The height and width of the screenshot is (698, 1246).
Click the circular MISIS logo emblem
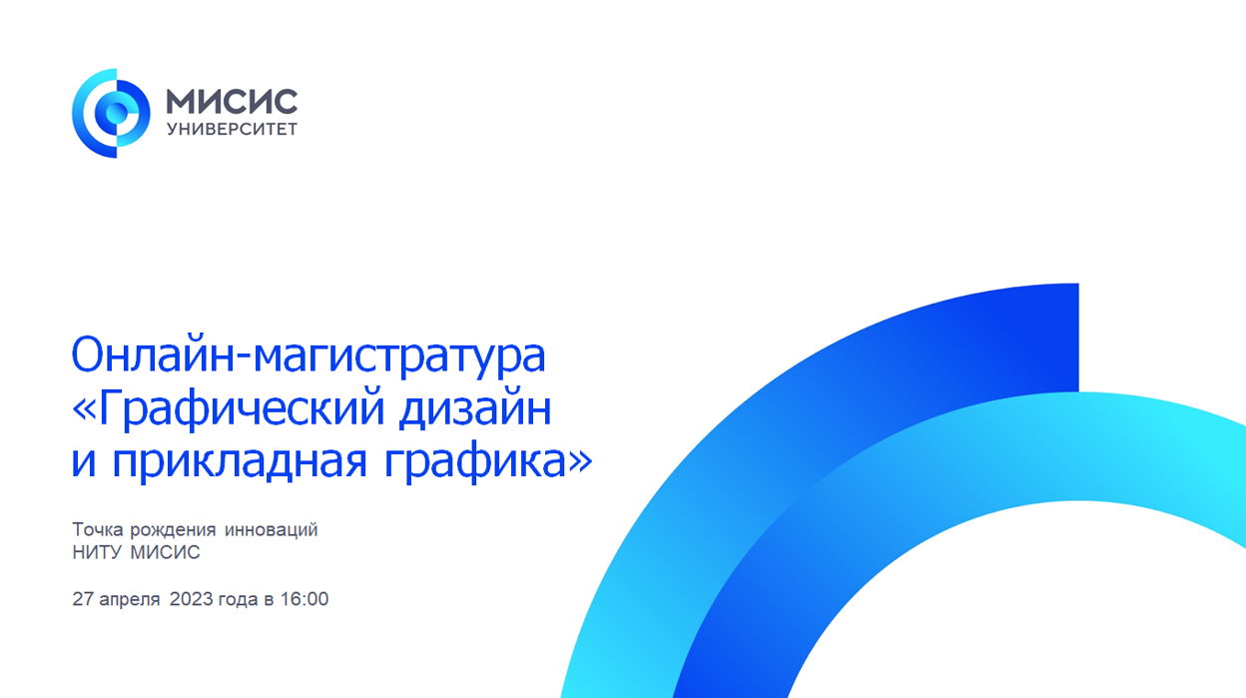tap(111, 113)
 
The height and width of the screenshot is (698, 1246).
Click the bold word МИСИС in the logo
tap(232, 102)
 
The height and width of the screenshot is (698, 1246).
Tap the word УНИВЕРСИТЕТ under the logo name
tap(232, 130)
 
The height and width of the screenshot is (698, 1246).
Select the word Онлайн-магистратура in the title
tap(309, 355)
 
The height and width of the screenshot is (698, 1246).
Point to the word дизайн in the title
tap(475, 408)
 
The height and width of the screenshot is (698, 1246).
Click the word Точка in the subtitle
tap(98, 529)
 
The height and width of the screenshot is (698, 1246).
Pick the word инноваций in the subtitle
tap(271, 530)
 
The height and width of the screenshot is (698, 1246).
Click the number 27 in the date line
tap(82, 599)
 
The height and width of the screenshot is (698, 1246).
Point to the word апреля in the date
tap(130, 600)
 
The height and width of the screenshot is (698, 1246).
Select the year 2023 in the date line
tap(192, 599)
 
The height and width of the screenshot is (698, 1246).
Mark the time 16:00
tap(305, 599)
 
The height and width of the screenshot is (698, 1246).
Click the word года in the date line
tap(239, 600)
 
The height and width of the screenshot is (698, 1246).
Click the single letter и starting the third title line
tap(84, 464)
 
